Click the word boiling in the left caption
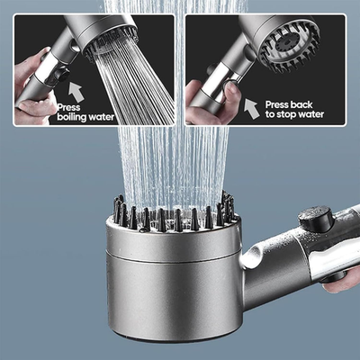[74, 115]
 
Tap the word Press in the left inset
[69, 105]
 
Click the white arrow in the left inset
[75, 88]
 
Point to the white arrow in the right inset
[251, 108]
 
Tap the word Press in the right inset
[277, 103]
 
